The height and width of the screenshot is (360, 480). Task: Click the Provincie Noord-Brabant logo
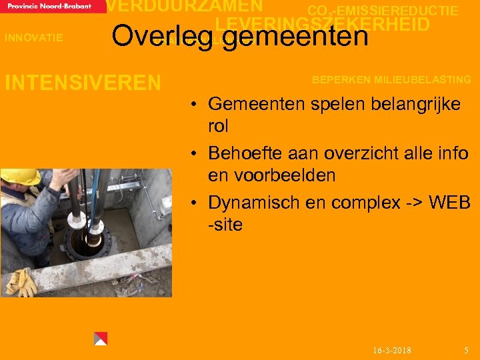[x=53, y=6]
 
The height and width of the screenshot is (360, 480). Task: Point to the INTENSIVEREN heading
[x=83, y=83]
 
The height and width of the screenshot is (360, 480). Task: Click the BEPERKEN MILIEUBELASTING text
[x=391, y=79]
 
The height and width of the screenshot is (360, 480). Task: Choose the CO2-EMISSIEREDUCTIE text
[x=383, y=11]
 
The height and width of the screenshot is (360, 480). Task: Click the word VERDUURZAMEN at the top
[x=185, y=6]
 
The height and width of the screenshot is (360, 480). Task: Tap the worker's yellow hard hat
[x=19, y=177]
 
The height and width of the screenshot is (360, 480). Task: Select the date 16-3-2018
[x=392, y=350]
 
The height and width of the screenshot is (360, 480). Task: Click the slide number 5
[x=466, y=350]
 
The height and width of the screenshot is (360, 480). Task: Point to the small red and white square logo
[x=101, y=338]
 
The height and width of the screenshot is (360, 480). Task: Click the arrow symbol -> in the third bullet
[x=410, y=202]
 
